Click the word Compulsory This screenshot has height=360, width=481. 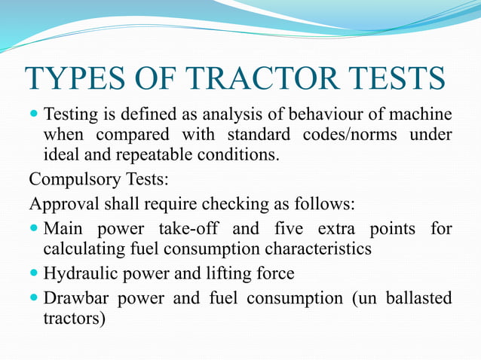coord(70,181)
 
